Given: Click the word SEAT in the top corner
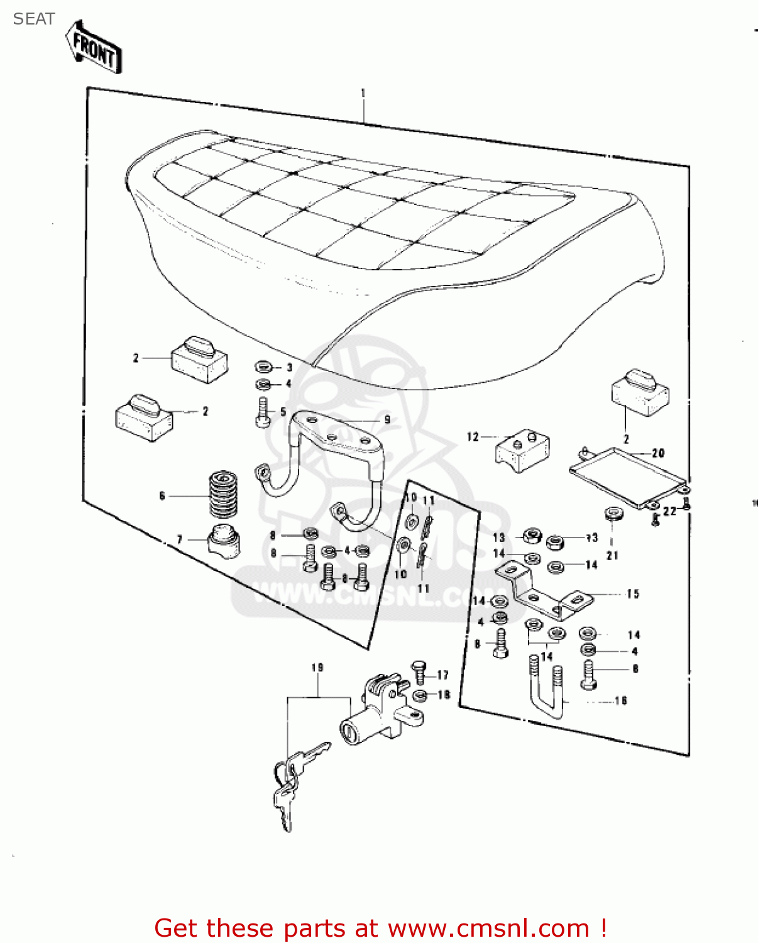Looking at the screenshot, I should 34,19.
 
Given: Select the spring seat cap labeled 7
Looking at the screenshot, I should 224,541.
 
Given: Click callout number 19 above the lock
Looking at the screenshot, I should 317,667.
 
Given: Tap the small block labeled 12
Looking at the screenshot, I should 524,450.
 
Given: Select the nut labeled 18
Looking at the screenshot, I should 421,695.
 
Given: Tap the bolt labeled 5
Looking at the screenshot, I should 263,413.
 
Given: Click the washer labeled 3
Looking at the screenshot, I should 263,367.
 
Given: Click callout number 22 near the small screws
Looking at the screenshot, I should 669,510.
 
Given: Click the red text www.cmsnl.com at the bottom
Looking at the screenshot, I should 488,928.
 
